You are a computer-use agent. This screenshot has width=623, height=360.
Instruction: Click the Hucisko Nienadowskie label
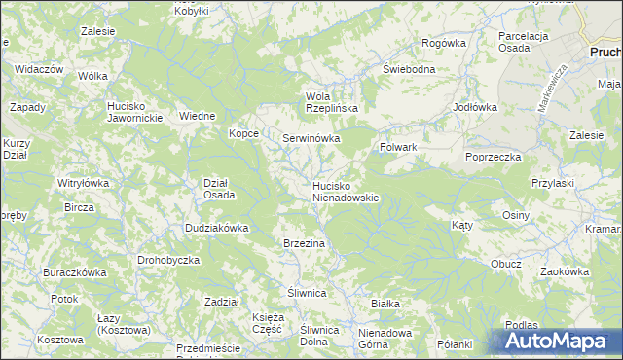345,191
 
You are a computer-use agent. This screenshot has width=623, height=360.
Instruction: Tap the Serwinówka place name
311,138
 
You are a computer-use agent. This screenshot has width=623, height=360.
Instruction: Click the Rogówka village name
444,43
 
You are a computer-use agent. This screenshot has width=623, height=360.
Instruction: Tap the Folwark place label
397,147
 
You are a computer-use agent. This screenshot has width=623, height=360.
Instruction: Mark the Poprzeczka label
494,157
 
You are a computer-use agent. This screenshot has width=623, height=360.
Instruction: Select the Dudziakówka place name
217,228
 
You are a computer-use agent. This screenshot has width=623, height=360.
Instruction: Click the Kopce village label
243,133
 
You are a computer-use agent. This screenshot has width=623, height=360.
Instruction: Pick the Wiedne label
197,116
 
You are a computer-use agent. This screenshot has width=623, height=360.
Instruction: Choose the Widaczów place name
40,70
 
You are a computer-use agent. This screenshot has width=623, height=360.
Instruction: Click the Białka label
385,304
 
